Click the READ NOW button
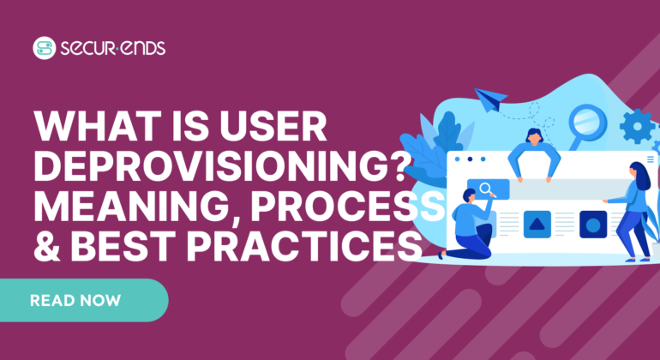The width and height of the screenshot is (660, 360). click(75, 300)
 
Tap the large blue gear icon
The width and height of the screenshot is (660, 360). click(636, 127)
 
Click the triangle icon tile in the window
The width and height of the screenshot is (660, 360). click(537, 225)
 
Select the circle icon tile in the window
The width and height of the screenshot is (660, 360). click(592, 225)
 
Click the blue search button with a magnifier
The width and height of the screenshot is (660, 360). click(487, 189)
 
